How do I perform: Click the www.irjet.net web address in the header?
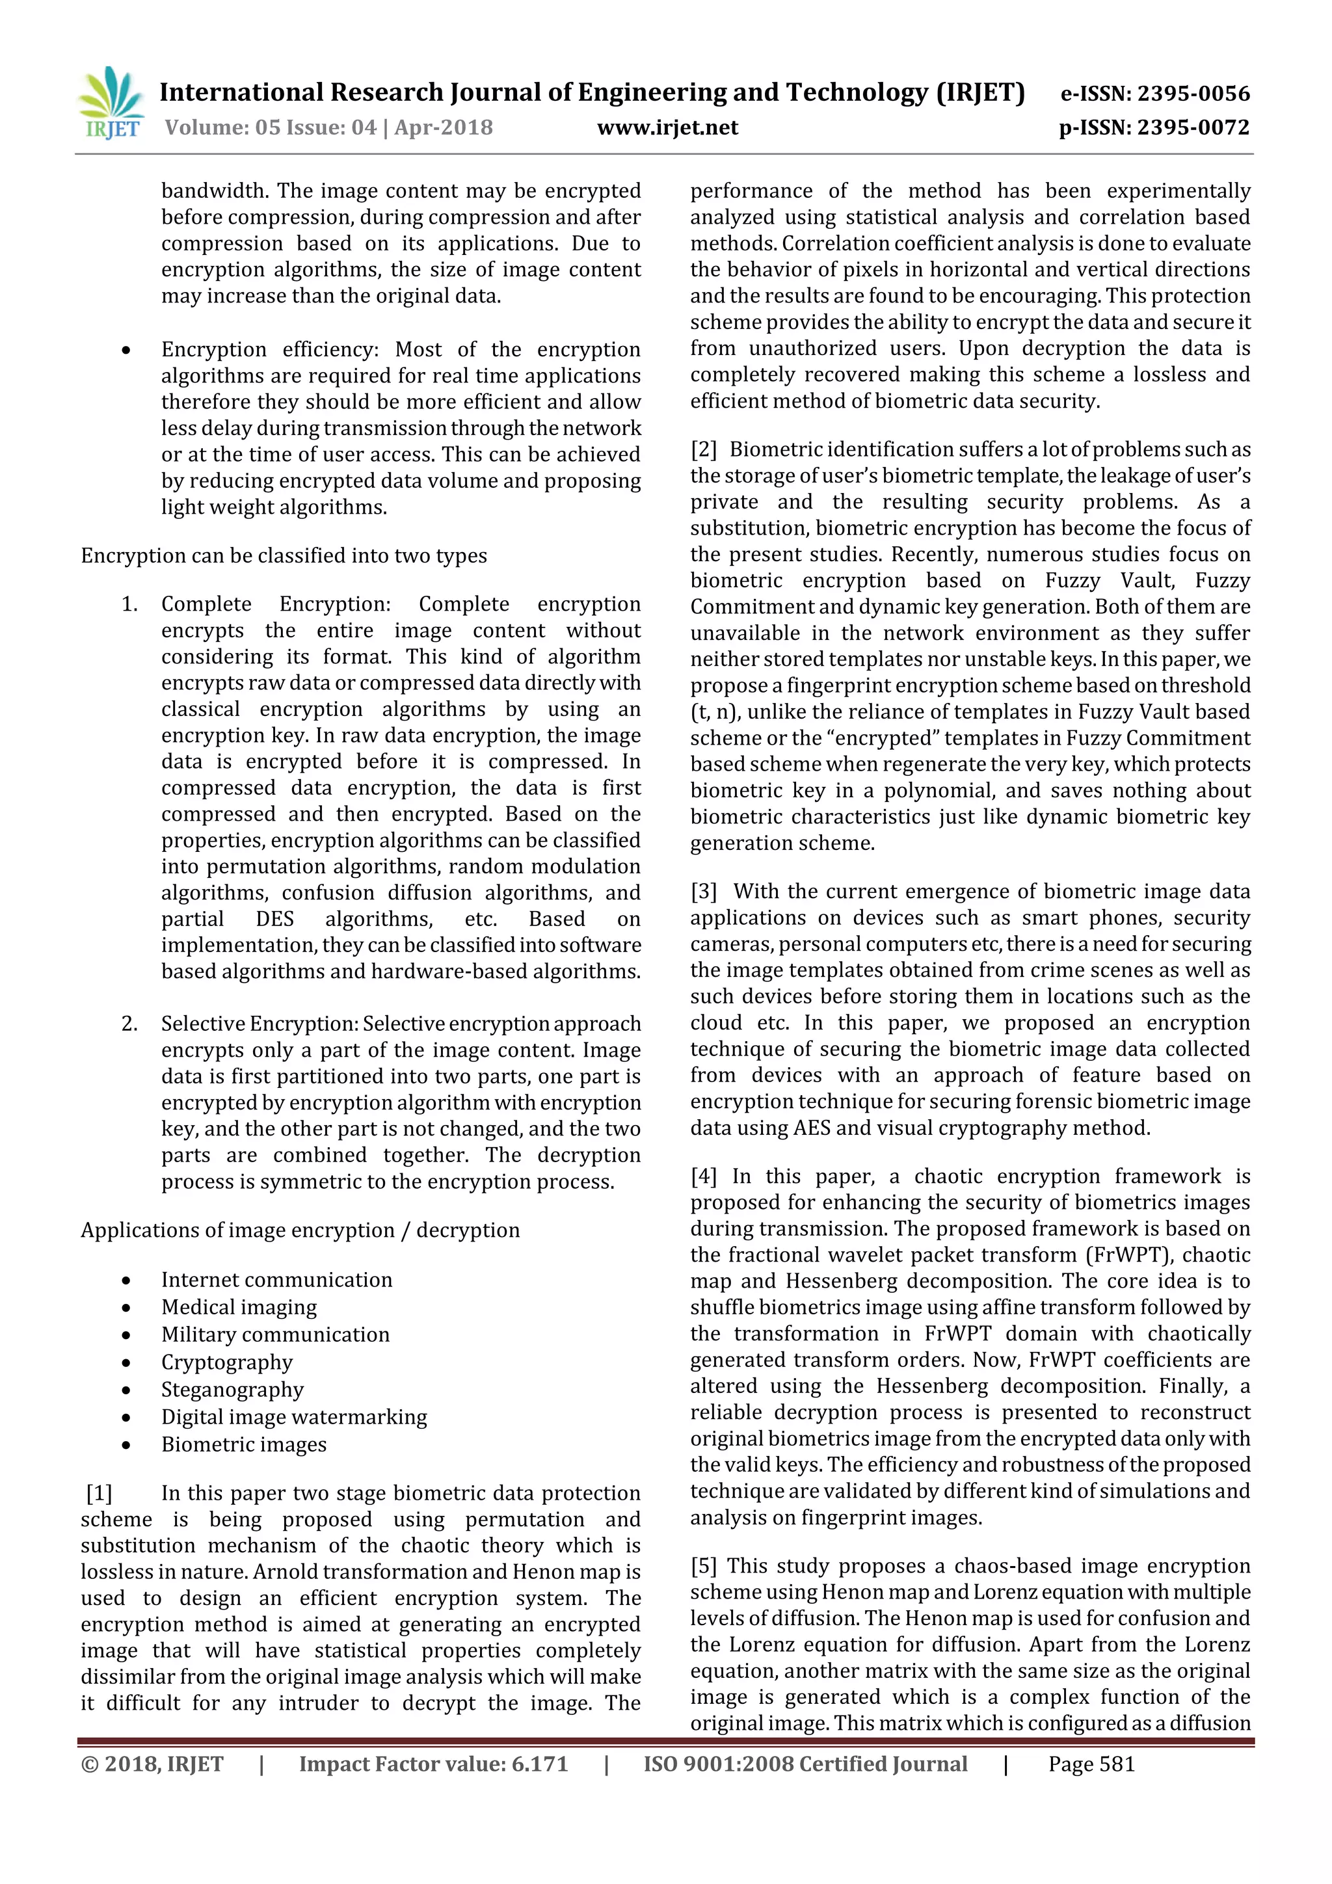(x=667, y=128)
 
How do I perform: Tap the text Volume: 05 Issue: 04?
(x=270, y=128)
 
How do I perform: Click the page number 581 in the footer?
(x=1119, y=1764)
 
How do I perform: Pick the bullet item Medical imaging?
(x=239, y=1307)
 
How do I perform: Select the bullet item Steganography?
(x=232, y=1389)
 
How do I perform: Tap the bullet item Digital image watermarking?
(x=294, y=1417)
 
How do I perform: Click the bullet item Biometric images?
(x=244, y=1444)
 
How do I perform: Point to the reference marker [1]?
(x=100, y=1493)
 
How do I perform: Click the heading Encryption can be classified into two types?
(x=283, y=555)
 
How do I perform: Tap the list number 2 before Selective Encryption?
(x=129, y=1024)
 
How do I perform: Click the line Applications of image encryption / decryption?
(x=300, y=1230)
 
